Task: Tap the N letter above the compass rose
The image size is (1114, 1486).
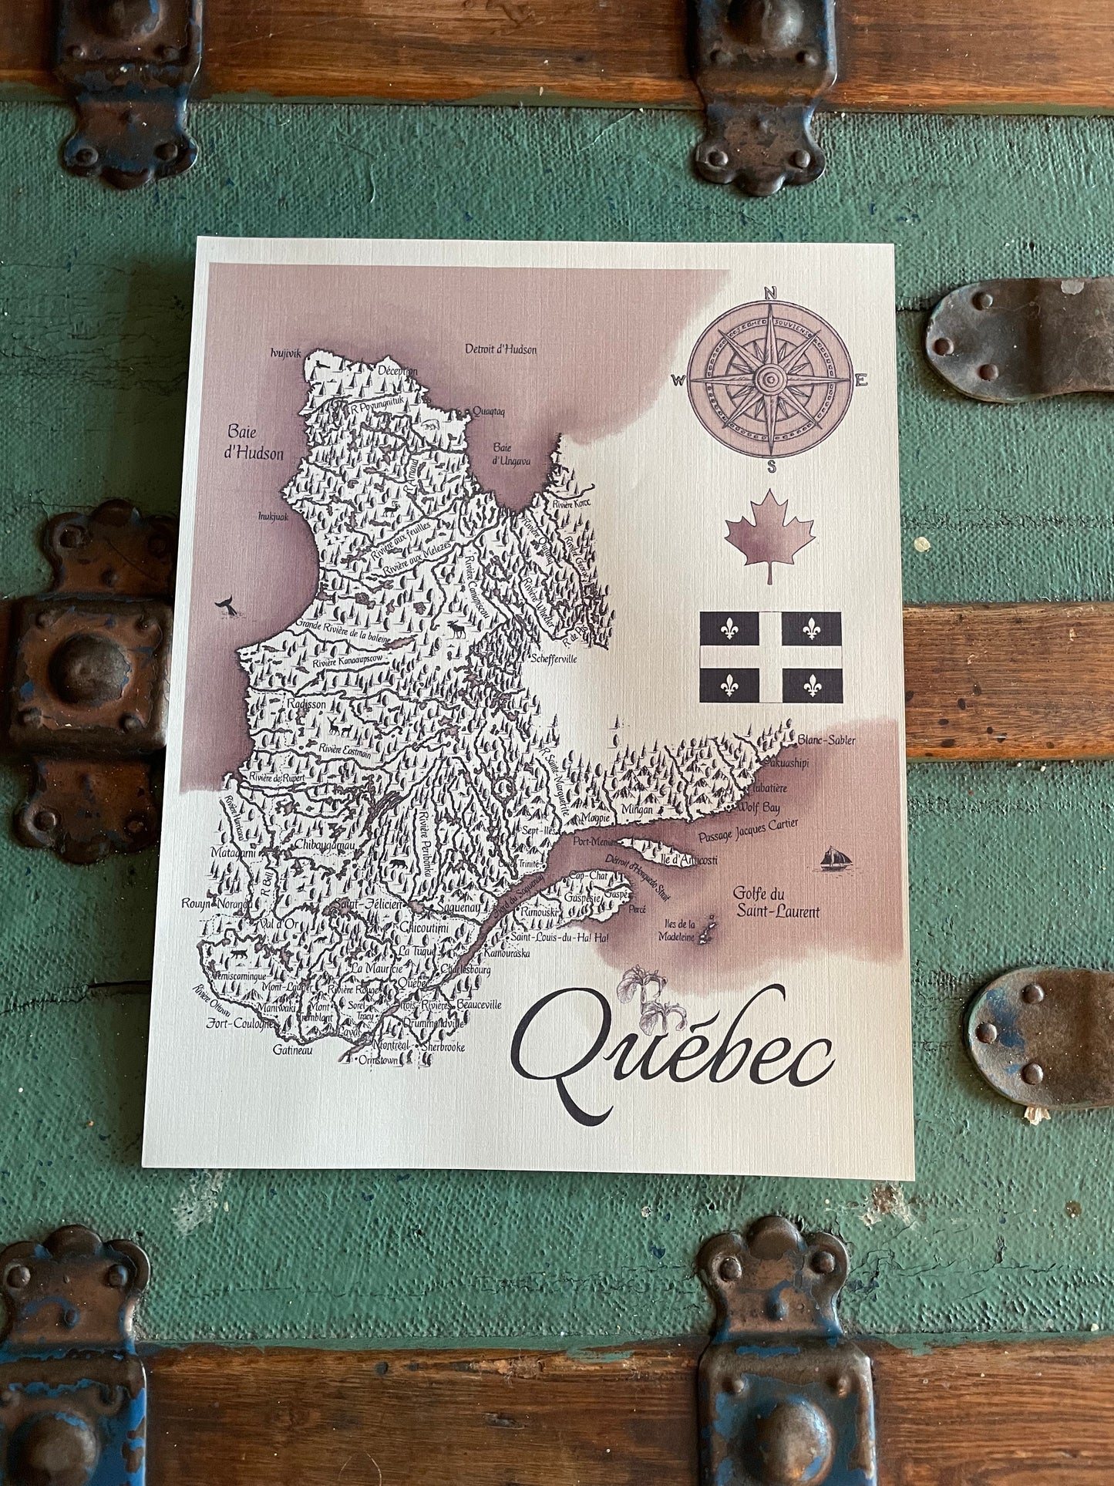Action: point(769,292)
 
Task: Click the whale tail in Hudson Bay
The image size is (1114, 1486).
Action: point(227,607)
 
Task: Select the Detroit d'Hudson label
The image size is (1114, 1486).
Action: point(500,349)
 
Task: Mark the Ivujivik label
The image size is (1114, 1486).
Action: point(284,352)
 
